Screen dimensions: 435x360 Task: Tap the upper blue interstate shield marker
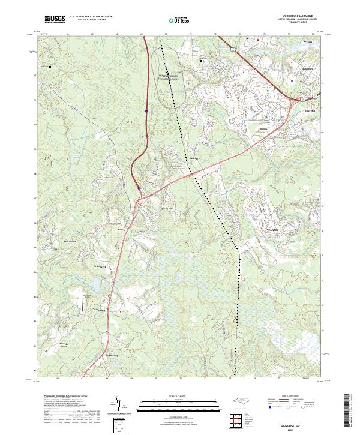coord(146,110)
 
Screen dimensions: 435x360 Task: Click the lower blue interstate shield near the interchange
coord(139,189)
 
